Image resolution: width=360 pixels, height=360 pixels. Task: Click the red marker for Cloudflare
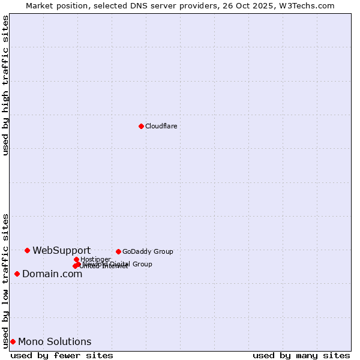point(141,126)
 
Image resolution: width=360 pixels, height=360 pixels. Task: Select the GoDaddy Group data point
point(118,251)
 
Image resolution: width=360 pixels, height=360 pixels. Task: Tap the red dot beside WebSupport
point(27,250)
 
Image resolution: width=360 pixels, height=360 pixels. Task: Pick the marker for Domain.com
point(17,274)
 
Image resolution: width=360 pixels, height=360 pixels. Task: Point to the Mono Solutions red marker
point(13,341)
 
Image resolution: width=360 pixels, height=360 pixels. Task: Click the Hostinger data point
point(76,259)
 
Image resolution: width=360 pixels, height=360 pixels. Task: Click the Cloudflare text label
point(161,126)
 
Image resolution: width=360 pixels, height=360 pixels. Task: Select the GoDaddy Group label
point(148,251)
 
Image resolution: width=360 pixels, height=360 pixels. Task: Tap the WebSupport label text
point(61,250)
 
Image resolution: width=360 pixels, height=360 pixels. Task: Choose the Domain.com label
point(52,274)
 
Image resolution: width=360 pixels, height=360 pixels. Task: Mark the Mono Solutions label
point(55,341)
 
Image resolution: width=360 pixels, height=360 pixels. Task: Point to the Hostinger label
point(95,259)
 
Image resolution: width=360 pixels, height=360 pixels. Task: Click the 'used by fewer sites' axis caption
point(62,355)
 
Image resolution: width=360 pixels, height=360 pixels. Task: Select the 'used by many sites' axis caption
point(301,355)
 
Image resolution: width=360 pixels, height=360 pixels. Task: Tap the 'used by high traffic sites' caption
point(6,85)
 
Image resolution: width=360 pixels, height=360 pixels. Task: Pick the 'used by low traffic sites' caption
point(6,281)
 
